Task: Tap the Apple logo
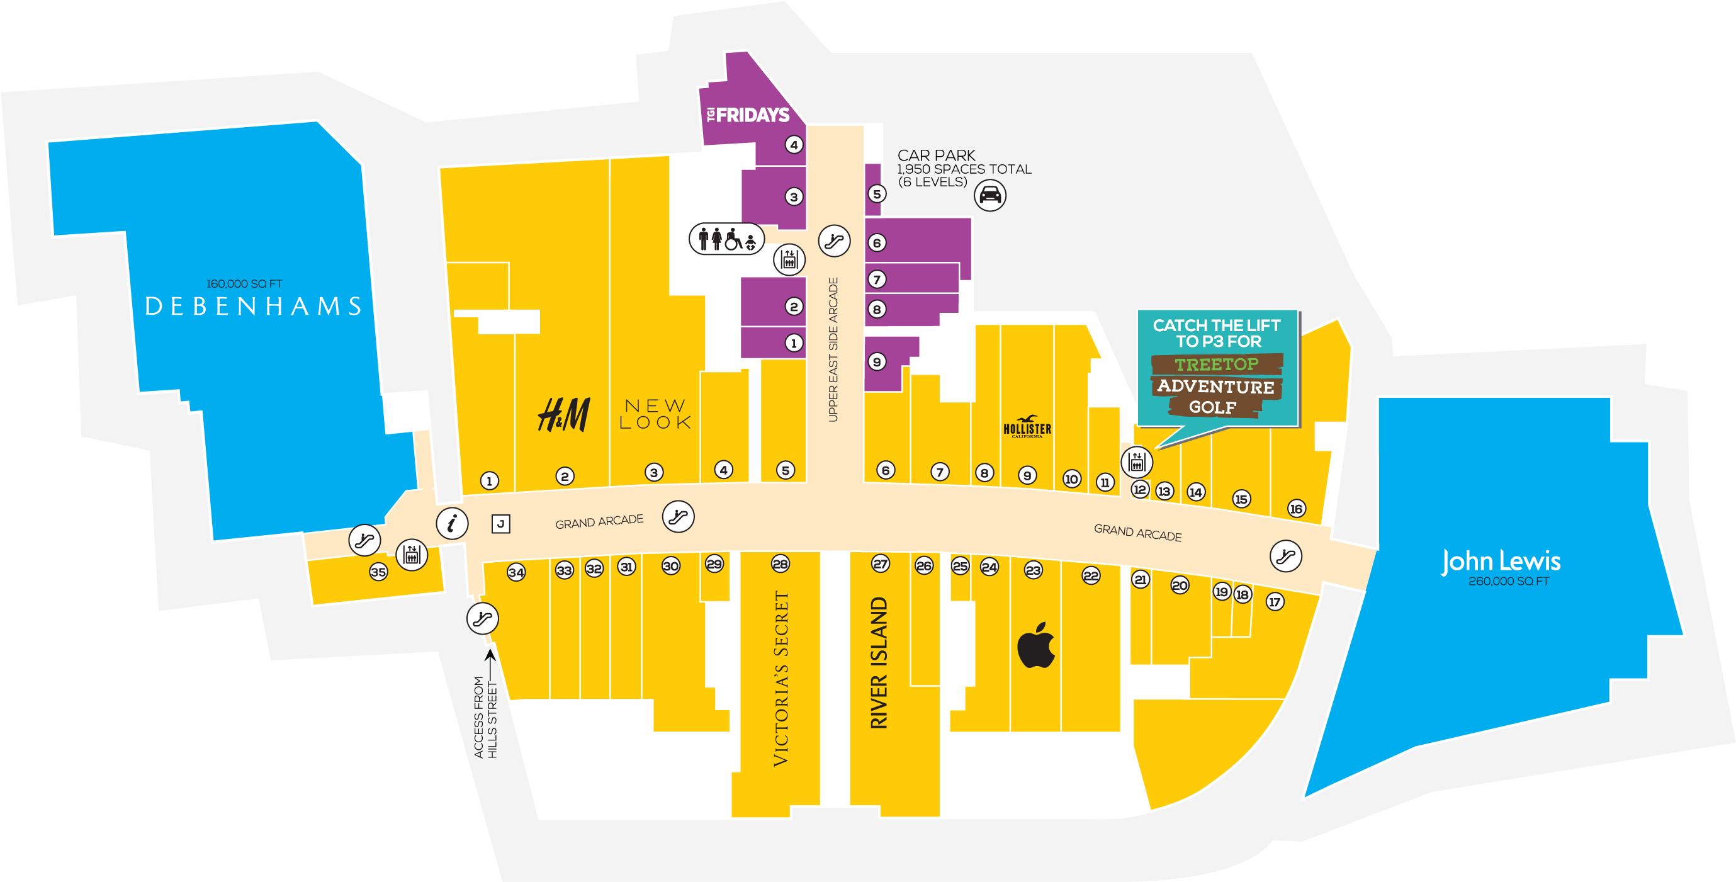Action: (1036, 645)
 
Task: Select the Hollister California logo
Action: (1027, 427)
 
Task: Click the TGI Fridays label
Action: (747, 115)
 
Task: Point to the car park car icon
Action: (989, 195)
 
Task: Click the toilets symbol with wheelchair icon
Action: (726, 239)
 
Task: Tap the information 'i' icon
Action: (451, 523)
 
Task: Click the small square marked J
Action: (500, 524)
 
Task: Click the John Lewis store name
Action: (1500, 562)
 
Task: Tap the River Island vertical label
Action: (879, 662)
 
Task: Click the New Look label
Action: (655, 414)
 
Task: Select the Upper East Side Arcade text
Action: (833, 349)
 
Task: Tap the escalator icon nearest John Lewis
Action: (1285, 556)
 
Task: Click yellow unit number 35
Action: (378, 572)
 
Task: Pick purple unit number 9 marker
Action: (876, 362)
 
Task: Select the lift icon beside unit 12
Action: (1136, 462)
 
